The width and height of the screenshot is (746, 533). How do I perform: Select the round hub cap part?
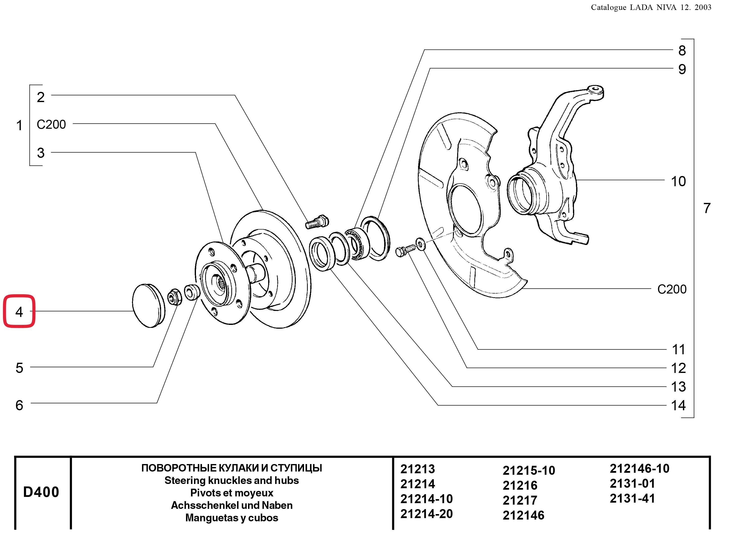click(x=149, y=305)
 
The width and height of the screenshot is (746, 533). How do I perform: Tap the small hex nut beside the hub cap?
click(x=174, y=297)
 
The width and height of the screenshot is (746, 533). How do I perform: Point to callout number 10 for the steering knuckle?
click(x=678, y=181)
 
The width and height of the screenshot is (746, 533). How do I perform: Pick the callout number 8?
click(x=682, y=51)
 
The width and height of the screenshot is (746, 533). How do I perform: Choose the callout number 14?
click(x=678, y=406)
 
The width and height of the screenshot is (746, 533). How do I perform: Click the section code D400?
click(x=41, y=492)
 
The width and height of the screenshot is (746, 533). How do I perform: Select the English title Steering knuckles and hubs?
click(x=232, y=480)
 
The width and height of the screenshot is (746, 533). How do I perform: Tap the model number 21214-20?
click(x=426, y=514)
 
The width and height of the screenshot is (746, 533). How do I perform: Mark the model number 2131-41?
click(x=632, y=499)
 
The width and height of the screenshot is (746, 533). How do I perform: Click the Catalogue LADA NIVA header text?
click(x=651, y=7)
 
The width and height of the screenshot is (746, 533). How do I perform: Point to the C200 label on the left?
click(x=51, y=124)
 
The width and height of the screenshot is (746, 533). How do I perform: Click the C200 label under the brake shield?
click(x=672, y=289)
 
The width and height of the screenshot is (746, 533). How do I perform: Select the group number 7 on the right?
click(x=707, y=208)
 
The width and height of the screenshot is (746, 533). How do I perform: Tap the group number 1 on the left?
click(x=19, y=125)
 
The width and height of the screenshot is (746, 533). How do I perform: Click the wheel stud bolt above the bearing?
click(x=317, y=222)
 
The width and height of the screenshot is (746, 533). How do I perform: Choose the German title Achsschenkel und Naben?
click(x=232, y=505)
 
